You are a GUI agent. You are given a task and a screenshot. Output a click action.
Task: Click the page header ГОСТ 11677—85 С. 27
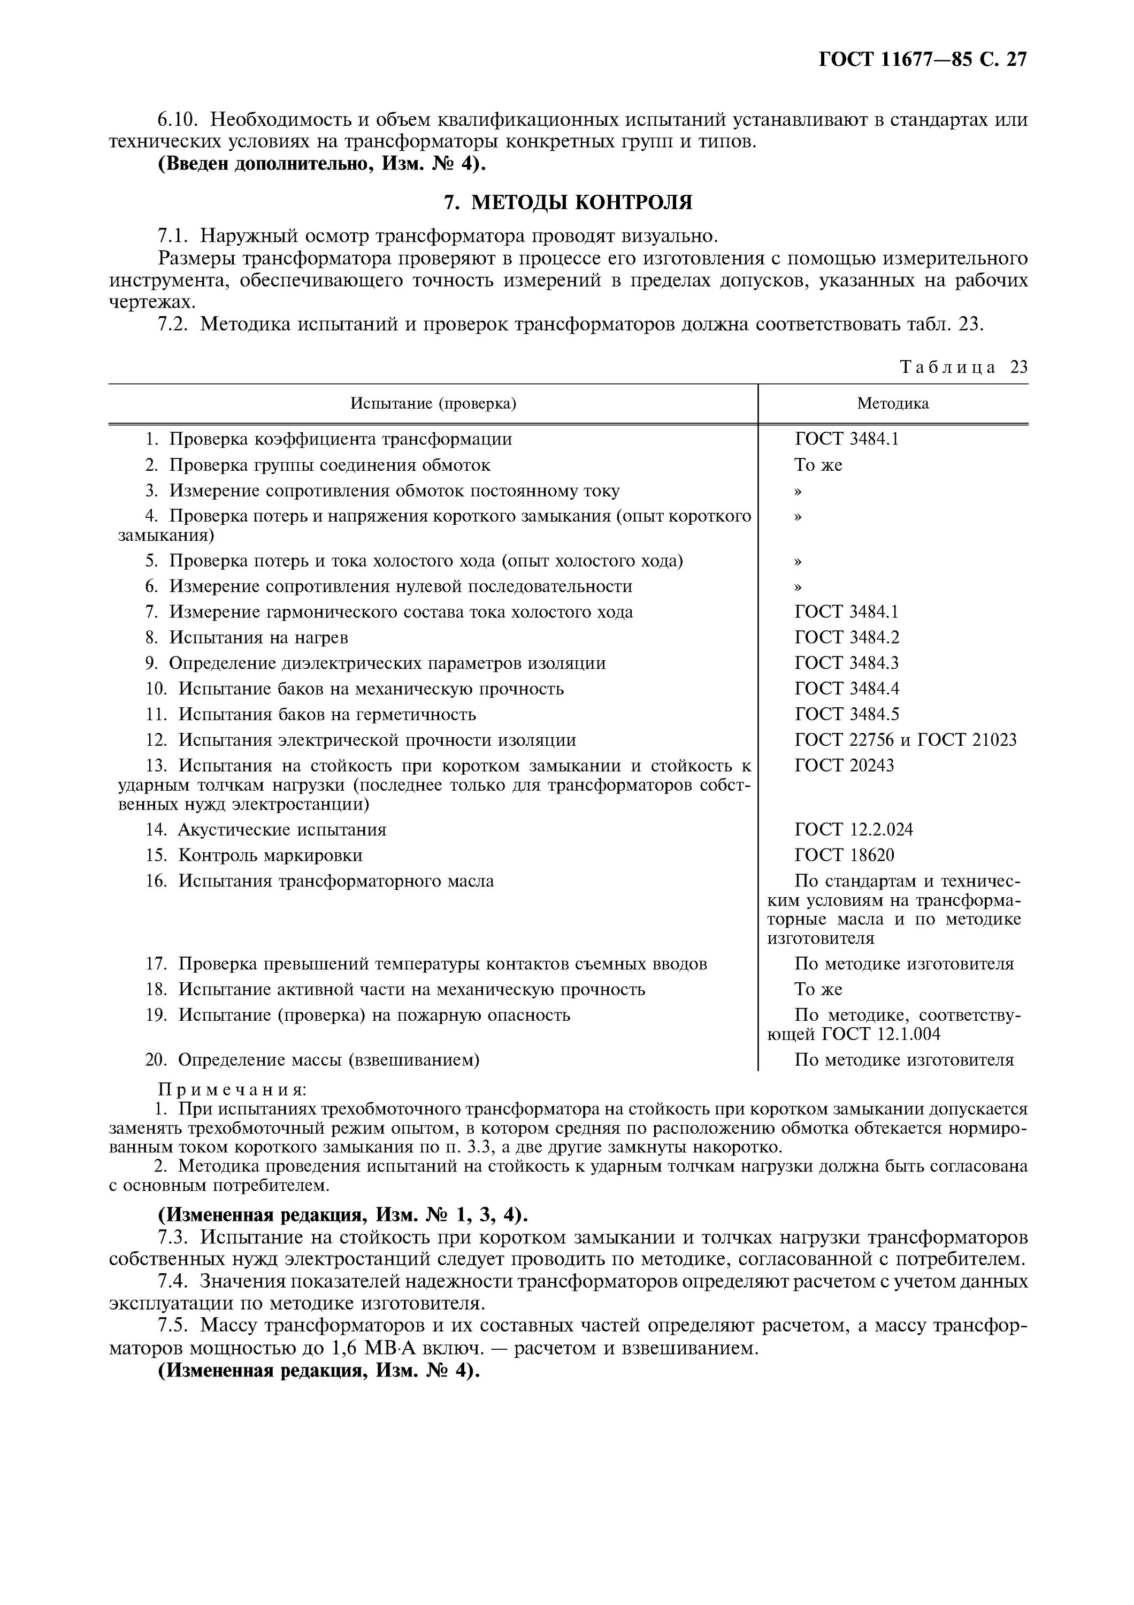[922, 59]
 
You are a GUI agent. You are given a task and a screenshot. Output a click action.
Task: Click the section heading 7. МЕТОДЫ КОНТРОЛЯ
[568, 203]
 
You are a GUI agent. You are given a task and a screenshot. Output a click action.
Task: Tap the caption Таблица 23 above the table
[963, 368]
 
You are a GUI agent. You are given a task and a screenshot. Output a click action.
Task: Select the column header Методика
[892, 404]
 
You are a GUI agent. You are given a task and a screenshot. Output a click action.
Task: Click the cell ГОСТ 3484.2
[846, 638]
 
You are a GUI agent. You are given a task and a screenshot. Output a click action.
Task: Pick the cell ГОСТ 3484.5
[846, 714]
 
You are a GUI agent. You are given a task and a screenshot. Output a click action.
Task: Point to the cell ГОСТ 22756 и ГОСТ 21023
[905, 740]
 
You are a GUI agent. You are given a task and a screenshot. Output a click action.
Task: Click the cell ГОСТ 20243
[844, 766]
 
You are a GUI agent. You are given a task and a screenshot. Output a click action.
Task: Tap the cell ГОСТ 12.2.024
[853, 830]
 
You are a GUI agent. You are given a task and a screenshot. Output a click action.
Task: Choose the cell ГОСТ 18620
[844, 855]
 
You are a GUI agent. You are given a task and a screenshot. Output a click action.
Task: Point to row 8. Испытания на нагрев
[246, 638]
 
